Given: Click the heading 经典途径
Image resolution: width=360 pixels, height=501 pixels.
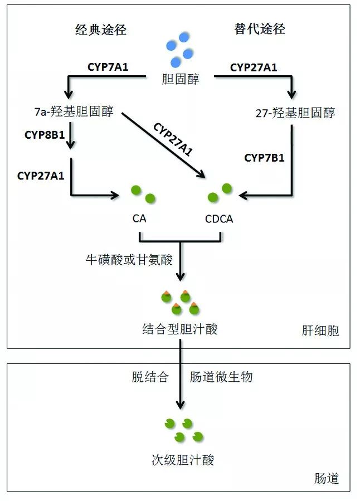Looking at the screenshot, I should pyautogui.click(x=101, y=30).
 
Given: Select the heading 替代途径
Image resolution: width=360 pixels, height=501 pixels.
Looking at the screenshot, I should pyautogui.click(x=260, y=29).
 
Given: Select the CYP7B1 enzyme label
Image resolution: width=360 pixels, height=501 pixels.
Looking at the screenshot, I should pyautogui.click(x=264, y=158).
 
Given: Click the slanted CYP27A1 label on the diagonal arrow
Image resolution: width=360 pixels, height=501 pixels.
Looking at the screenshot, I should pyautogui.click(x=173, y=139).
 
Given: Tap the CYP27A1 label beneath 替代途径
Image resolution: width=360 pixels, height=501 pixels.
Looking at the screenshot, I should pyautogui.click(x=254, y=67).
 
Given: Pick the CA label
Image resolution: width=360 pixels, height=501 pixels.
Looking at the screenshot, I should pyautogui.click(x=139, y=219).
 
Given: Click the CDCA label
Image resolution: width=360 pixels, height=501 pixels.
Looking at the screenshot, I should pyautogui.click(x=219, y=219).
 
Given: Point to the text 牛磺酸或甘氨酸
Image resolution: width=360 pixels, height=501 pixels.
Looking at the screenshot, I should pyautogui.click(x=129, y=259).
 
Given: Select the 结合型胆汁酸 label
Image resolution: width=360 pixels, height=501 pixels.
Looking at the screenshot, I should pyautogui.click(x=179, y=329).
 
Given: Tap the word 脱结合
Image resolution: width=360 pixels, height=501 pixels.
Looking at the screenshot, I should pyautogui.click(x=150, y=377).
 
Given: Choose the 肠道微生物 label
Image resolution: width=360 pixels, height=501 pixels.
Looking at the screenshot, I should pyautogui.click(x=221, y=377).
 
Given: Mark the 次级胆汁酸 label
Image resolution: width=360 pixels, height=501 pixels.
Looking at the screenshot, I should pyautogui.click(x=182, y=460).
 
